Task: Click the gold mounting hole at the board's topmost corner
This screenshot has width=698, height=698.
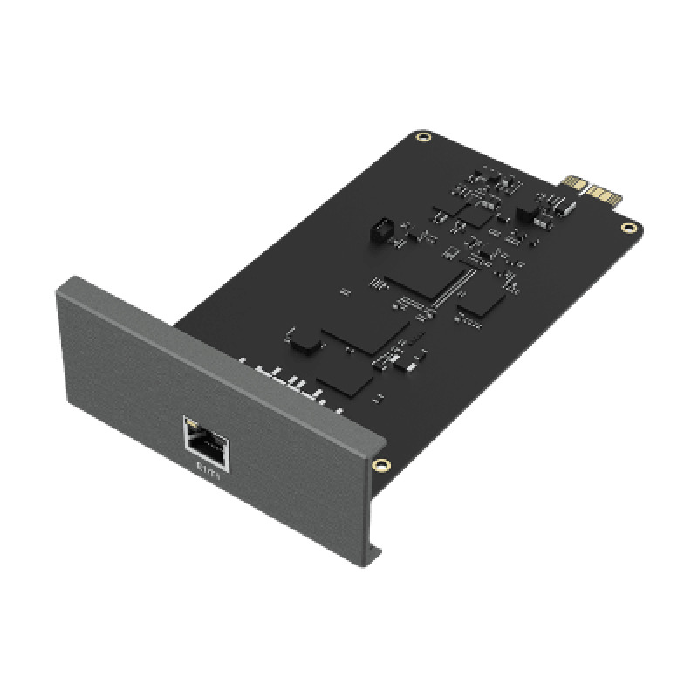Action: click(x=424, y=136)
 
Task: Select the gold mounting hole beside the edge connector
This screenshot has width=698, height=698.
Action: click(x=626, y=229)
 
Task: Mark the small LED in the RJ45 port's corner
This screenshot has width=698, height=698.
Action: click(x=193, y=428)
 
